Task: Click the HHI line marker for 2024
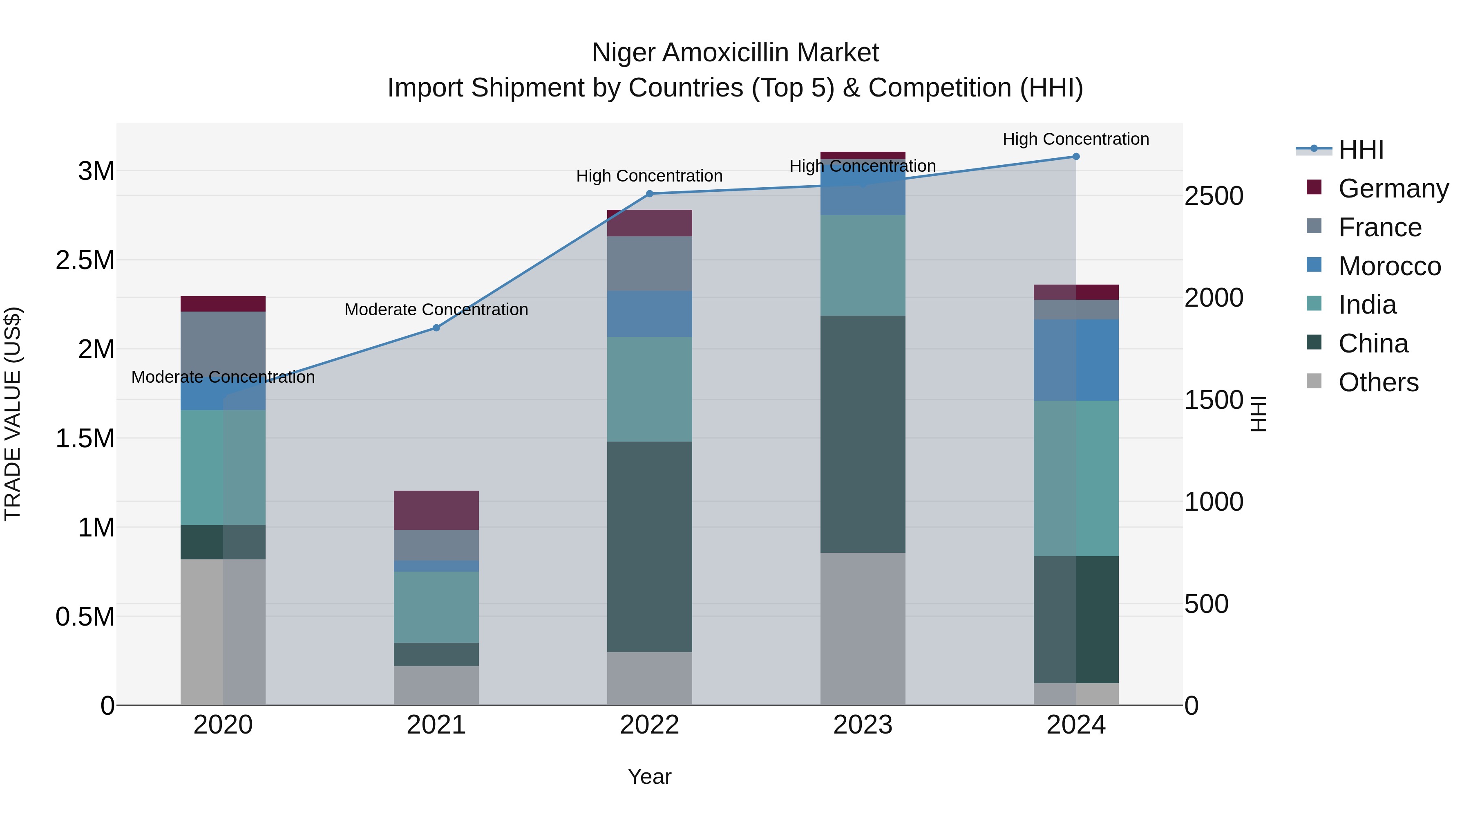tap(1076, 156)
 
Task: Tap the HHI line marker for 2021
tap(436, 328)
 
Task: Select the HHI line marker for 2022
tap(649, 194)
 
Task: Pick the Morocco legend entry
tap(1389, 266)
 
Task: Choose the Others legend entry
tap(1378, 382)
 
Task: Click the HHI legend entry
tap(1361, 150)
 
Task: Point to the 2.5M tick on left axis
tap(85, 260)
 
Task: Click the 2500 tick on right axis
tap(1214, 196)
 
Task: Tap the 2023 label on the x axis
tap(862, 725)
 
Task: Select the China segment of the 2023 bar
tap(862, 434)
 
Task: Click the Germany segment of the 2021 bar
tap(436, 510)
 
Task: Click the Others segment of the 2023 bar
tap(862, 628)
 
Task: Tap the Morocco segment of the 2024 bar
tap(1076, 360)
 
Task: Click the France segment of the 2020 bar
tap(223, 343)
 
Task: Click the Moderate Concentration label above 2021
tap(436, 309)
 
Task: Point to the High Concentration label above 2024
tap(1076, 139)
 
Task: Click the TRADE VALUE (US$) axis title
tap(13, 414)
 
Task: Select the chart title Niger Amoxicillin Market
tap(735, 53)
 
